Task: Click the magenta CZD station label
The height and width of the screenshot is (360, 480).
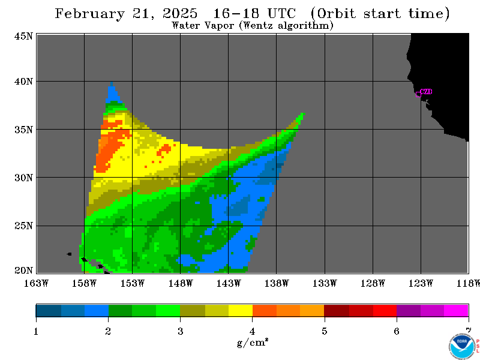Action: pos(427,92)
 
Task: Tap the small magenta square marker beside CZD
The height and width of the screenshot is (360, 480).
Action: pos(418,94)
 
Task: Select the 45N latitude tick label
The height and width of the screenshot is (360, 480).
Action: pos(23,37)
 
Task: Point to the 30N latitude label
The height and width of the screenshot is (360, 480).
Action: pos(23,178)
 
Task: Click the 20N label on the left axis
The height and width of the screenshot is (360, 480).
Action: pos(23,271)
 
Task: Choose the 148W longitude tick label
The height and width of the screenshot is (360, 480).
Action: pos(181,283)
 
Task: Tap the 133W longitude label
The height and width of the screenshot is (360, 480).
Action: pos(325,283)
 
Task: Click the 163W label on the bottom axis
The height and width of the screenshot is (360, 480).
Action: pos(36,283)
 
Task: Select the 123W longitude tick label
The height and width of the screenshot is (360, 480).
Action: pos(421,283)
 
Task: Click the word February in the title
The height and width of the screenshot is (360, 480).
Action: pos(90,14)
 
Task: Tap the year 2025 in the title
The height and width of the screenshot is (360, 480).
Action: pos(180,13)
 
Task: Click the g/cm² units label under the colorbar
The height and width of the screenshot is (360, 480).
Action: pos(253,342)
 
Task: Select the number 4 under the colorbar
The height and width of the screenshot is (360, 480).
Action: pos(252,331)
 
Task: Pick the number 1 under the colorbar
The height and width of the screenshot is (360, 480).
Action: pos(36,331)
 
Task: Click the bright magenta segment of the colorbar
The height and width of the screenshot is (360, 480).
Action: pos(456,310)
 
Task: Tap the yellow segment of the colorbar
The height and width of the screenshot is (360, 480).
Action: pos(241,310)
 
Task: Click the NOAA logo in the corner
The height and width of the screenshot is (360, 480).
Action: pos(462,347)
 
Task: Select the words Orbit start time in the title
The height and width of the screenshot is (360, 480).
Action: pos(380,14)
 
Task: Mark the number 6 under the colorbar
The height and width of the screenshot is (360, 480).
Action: pos(397,331)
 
